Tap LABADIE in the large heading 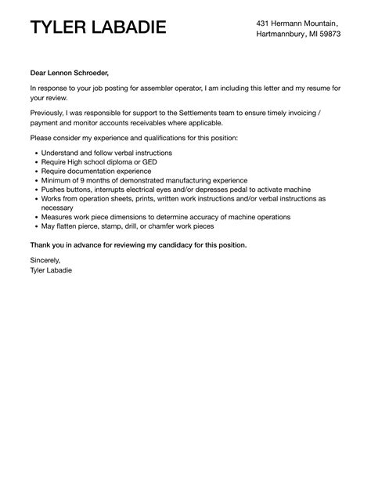tap(130, 29)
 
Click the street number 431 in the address tap(264, 23)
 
